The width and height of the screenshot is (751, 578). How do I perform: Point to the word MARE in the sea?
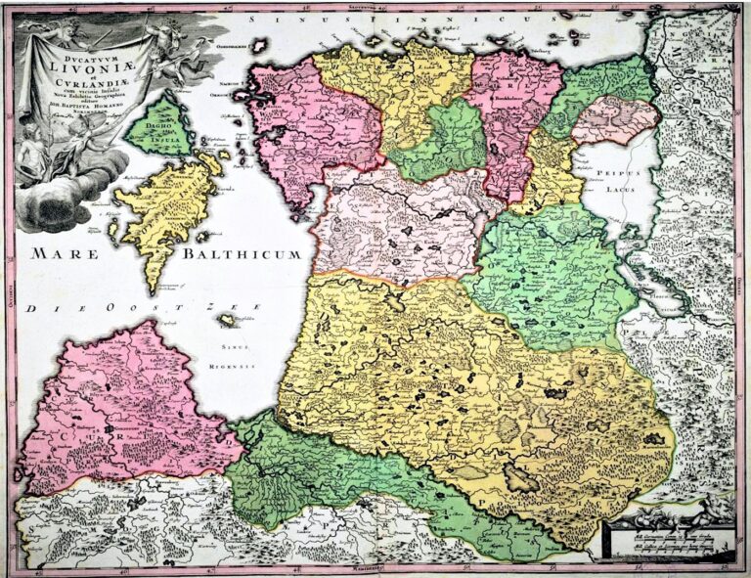coord(66,254)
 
